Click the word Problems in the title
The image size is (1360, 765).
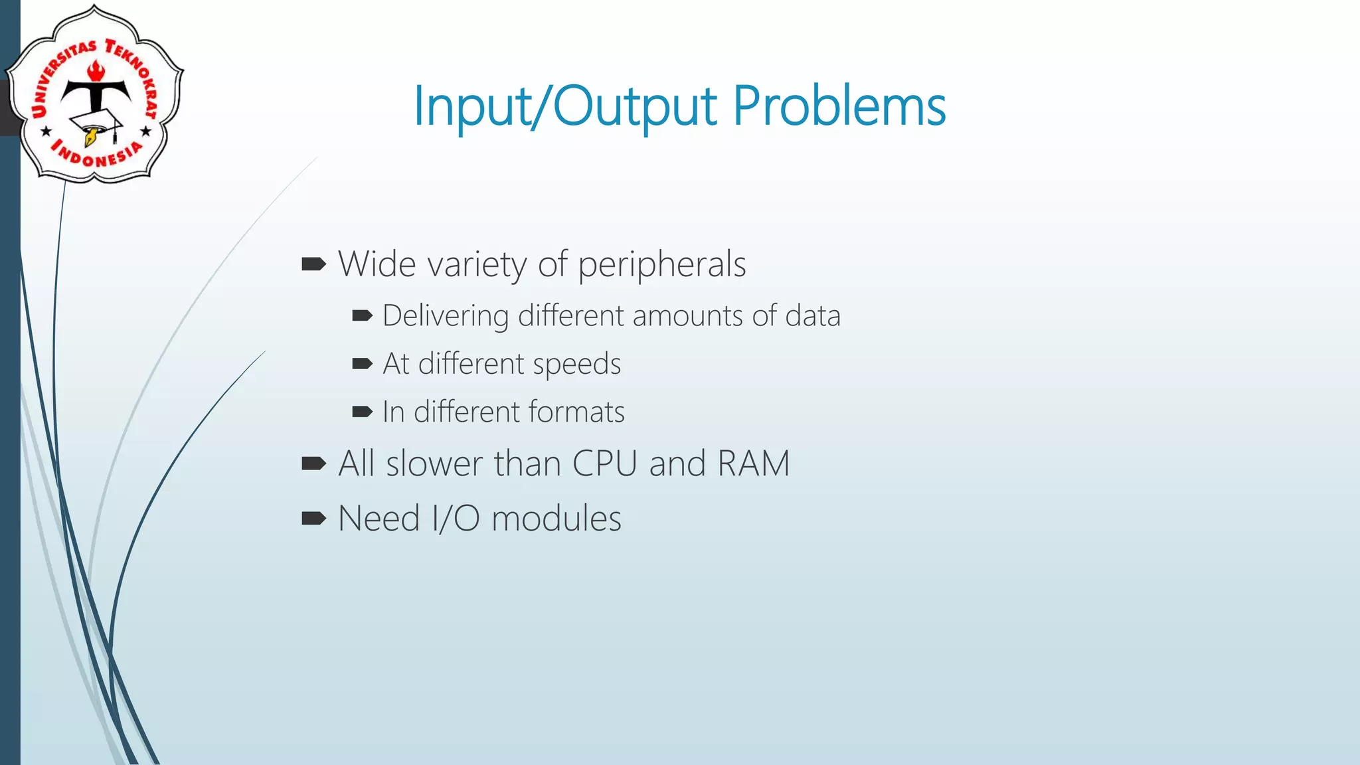tap(839, 106)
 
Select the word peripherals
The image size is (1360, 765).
tap(662, 265)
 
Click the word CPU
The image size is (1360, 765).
tap(604, 464)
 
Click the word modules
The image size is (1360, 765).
tap(556, 519)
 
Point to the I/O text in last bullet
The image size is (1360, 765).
tap(456, 519)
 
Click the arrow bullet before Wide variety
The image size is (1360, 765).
tap(313, 265)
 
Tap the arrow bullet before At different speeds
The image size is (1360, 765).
tap(362, 364)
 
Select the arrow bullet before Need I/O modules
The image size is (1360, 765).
tap(313, 519)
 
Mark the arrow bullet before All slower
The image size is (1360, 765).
tap(313, 464)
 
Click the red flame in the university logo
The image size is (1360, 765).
tap(96, 70)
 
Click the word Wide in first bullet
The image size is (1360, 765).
tap(377, 264)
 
